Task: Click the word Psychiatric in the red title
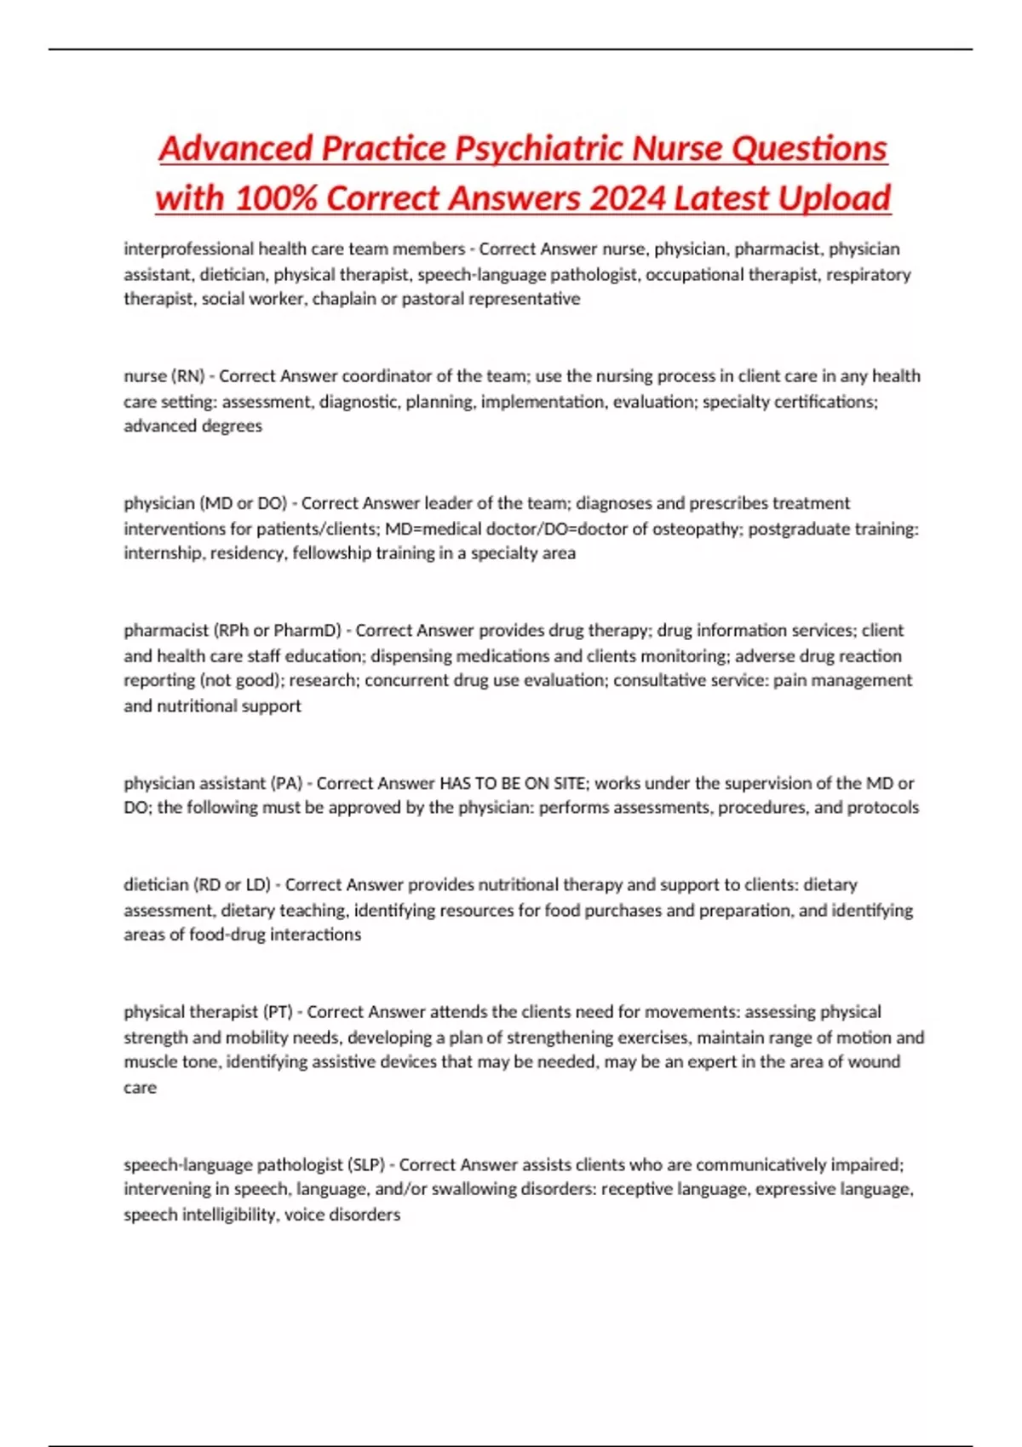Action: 540,148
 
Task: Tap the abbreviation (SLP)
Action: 366,1164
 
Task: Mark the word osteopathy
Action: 694,529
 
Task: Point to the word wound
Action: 877,1062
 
